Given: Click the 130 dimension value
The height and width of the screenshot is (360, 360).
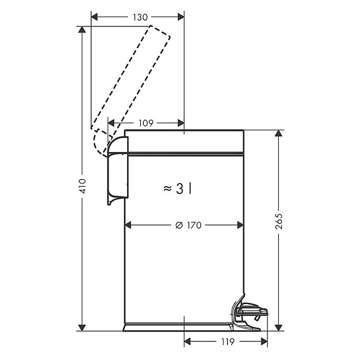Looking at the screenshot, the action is (140, 17).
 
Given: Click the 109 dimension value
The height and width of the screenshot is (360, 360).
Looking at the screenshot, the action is (146, 123).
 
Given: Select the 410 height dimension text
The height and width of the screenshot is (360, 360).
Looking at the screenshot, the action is (82, 186).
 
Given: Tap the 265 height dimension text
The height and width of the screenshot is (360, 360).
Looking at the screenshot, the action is (279, 221).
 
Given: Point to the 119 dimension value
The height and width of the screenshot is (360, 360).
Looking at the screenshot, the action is (228, 342).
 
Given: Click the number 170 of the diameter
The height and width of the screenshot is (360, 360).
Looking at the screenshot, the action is (194, 225).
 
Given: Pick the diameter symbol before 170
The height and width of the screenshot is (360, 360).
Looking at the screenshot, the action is (179, 225).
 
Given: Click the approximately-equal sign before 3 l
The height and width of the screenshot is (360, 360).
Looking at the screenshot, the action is (168, 189).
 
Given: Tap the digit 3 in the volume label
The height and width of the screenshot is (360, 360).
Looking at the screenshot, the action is (180, 189).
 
